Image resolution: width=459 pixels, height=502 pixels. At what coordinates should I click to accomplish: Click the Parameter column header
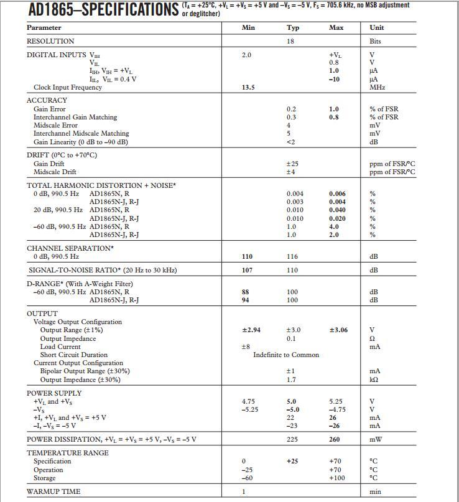pos(44,27)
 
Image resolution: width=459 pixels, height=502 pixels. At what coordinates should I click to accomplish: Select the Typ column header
pos(292,27)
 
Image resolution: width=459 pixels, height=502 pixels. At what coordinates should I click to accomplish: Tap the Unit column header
pos(376,27)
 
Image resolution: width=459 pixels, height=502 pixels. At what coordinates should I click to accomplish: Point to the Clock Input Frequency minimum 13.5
pos(248,88)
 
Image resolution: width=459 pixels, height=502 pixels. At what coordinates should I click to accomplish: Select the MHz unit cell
pos(378,88)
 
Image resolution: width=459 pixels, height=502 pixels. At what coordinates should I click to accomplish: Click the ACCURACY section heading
pos(47,100)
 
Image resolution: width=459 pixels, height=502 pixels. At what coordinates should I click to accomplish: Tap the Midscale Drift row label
pos(55,172)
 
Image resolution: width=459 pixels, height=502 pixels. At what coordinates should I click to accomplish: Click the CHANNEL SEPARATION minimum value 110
pos(248,257)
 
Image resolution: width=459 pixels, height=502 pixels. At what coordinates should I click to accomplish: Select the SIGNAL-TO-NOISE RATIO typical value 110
pos(292,271)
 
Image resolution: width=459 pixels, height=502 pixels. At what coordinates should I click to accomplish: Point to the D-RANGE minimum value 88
pos(246,292)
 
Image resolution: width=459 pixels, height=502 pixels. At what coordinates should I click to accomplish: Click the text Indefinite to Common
pos(285,355)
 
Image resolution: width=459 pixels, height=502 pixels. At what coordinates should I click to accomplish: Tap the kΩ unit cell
pos(375,379)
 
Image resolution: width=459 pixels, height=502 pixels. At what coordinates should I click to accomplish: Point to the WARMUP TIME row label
pos(53,492)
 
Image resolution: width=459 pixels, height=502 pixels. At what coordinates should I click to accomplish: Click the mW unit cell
pos(376,440)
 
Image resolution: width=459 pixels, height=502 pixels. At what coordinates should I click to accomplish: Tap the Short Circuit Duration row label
pos(73,355)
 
